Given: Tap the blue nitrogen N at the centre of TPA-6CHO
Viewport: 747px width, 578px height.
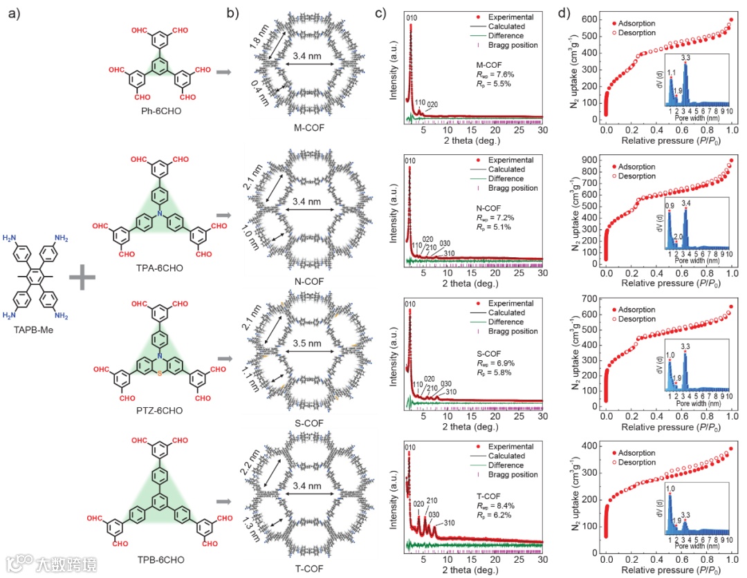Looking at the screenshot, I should point(160,215).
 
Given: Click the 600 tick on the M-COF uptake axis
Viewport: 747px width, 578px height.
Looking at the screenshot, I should point(590,20).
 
